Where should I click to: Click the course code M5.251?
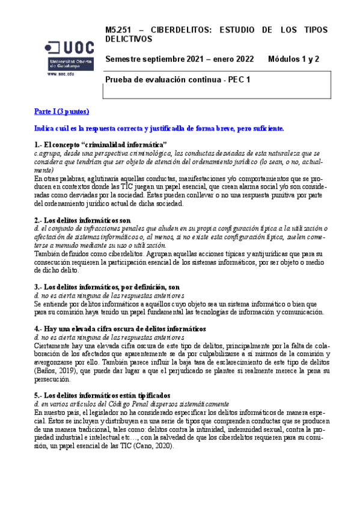pos(118,29)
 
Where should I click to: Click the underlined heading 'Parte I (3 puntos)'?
pos(62,112)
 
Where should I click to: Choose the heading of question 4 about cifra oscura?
pos(120,328)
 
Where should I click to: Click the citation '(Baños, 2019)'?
pos(58,370)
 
